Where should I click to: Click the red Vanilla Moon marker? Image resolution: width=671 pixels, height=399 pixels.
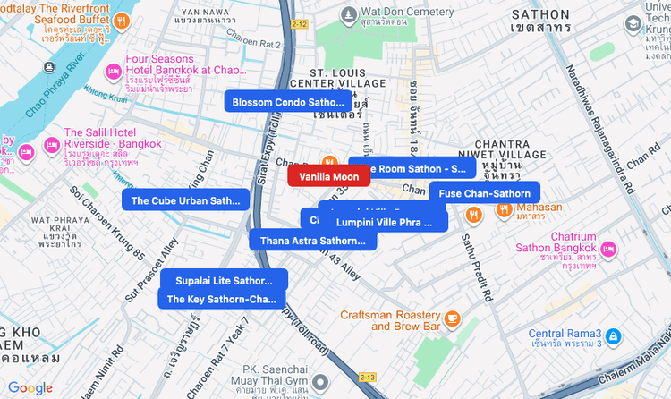click(328, 176)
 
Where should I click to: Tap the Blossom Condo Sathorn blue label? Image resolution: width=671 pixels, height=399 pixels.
click(287, 102)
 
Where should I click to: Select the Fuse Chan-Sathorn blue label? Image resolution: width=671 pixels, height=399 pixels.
click(484, 193)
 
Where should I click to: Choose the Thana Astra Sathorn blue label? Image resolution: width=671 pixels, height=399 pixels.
click(312, 240)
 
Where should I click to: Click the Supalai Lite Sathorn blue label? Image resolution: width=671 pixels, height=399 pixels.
click(223, 280)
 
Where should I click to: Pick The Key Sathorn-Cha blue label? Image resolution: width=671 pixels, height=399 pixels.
click(221, 299)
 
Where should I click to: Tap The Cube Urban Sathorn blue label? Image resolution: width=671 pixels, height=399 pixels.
click(185, 200)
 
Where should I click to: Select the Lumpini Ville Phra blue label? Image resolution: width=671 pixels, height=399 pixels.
click(383, 221)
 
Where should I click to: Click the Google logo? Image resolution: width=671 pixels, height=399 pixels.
click(30, 387)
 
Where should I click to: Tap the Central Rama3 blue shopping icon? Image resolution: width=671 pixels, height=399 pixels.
click(613, 336)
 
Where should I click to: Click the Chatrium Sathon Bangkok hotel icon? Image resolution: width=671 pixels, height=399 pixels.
click(609, 249)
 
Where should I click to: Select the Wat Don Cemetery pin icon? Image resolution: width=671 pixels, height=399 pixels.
click(348, 15)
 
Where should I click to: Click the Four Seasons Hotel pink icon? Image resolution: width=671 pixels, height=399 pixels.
click(114, 72)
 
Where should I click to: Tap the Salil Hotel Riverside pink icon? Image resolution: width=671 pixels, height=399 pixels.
click(51, 144)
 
